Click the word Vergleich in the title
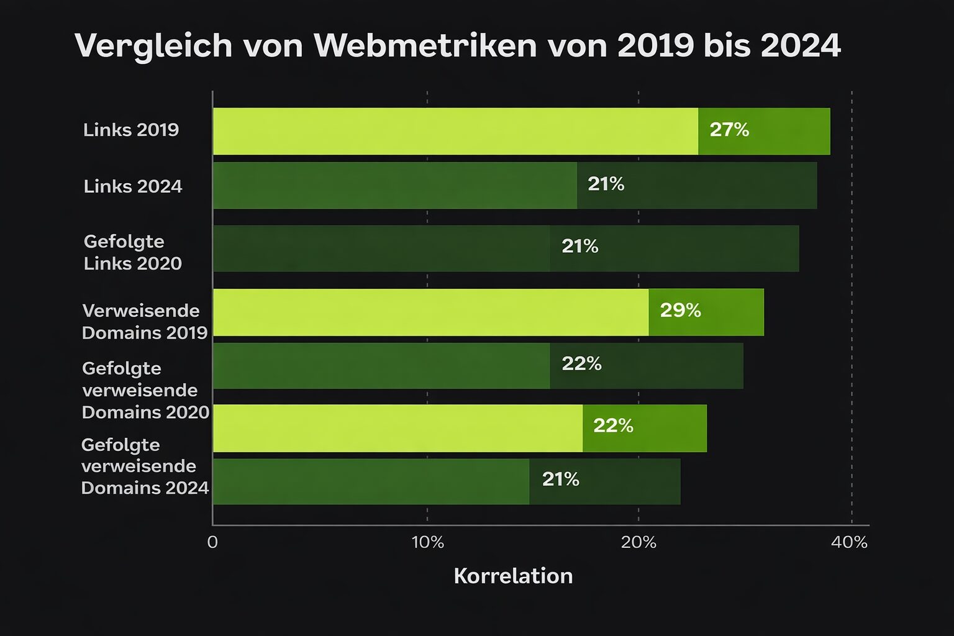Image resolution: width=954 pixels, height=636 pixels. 154,46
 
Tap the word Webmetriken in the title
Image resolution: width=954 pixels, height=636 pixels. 425,45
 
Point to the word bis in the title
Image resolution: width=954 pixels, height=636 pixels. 727,45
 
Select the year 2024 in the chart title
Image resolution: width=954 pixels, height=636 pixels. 801,45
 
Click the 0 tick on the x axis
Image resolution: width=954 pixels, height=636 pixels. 212,542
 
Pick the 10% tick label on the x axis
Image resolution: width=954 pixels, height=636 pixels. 427,542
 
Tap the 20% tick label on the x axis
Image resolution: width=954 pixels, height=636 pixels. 638,542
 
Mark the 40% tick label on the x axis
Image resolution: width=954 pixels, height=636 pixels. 849,542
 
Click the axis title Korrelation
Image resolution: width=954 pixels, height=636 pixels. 513,576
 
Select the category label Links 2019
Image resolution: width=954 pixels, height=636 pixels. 131,130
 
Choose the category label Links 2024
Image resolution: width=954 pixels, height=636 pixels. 133,186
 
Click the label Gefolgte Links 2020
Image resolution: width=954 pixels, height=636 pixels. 133,252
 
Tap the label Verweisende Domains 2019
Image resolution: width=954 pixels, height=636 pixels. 145,322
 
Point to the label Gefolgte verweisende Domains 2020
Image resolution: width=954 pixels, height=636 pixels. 146,390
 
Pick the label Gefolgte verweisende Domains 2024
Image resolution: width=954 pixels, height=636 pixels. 145,466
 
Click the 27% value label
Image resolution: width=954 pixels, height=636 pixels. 729,130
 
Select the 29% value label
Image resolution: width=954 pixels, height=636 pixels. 680,311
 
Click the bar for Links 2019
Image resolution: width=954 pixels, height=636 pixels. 522,131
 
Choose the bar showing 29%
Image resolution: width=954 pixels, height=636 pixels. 489,312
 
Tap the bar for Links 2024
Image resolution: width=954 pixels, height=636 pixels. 515,185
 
